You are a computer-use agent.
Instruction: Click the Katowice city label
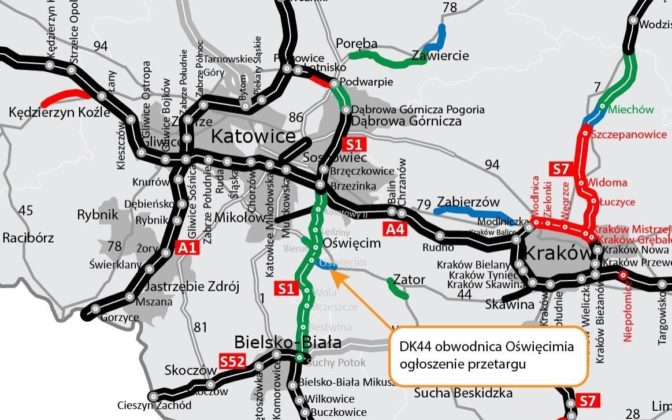coord(253,137)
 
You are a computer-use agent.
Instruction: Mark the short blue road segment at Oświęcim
coord(326,266)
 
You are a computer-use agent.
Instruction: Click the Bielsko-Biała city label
coord(287,343)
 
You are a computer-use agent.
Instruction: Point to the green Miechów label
coord(631,110)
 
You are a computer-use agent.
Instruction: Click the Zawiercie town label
coord(440,56)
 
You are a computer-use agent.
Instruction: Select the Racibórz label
coord(28,237)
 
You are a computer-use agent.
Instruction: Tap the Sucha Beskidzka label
coord(463,393)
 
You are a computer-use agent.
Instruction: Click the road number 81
coord(200,328)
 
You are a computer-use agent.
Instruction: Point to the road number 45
coord(25,210)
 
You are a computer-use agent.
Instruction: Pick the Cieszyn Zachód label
coord(154,405)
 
